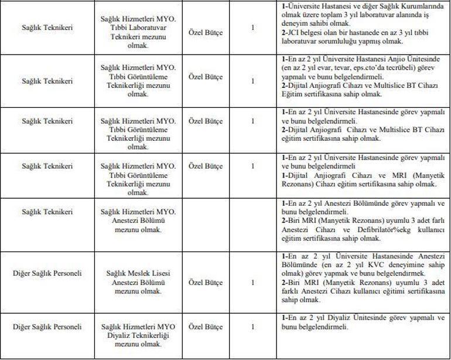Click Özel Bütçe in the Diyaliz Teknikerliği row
point(205,328)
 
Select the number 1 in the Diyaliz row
point(252,328)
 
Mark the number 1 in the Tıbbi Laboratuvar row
point(252,28)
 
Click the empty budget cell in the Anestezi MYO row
point(205,221)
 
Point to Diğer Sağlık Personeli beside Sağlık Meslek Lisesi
point(47,274)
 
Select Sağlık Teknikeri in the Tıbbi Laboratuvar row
point(47,28)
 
